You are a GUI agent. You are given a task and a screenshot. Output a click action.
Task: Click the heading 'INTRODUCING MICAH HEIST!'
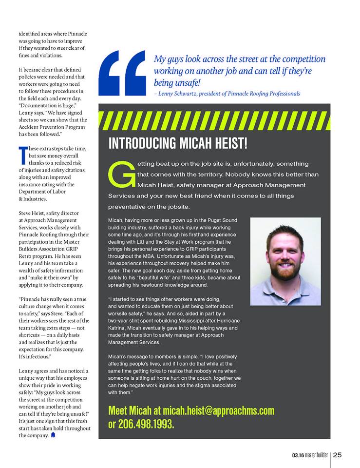(178, 144)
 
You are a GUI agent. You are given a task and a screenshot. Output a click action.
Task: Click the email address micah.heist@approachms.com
(219, 410)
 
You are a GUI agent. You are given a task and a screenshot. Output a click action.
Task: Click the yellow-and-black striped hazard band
(214, 120)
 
